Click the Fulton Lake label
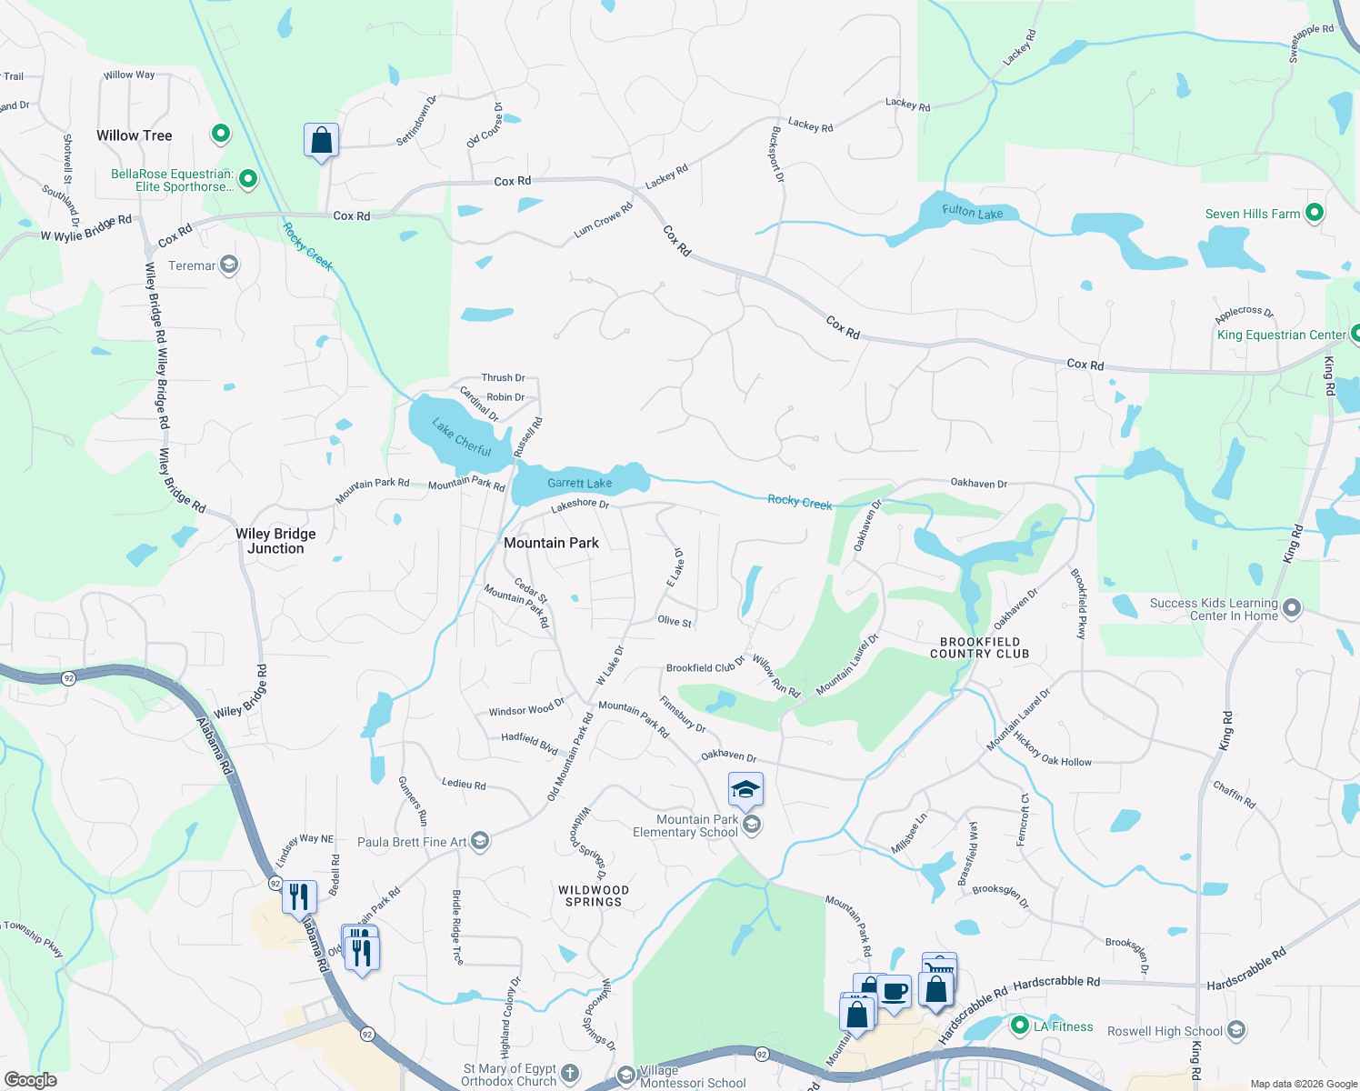(972, 212)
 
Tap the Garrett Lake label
(579, 483)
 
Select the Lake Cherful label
(462, 437)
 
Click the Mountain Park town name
(551, 543)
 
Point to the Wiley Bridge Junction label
(275, 541)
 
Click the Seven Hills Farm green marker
(1314, 214)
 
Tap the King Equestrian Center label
(1281, 335)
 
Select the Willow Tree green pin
(220, 135)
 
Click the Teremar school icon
(229, 265)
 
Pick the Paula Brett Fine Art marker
(480, 841)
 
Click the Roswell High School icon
(1235, 1030)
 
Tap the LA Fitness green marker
(1019, 1026)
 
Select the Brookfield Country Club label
(979, 647)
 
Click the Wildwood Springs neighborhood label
(594, 896)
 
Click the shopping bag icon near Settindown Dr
(321, 141)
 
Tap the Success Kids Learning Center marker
(1291, 608)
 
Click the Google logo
(30, 1080)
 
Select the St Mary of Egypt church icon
(570, 1074)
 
